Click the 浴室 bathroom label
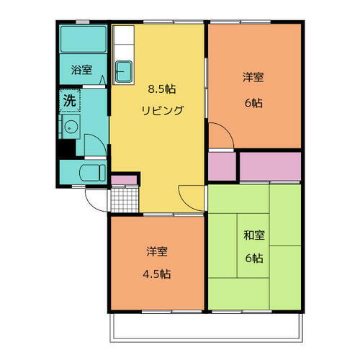(x=81, y=70)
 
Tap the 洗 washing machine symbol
(x=69, y=101)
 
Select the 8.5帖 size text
(x=162, y=89)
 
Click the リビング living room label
(x=162, y=110)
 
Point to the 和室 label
(x=251, y=235)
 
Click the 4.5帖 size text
(x=157, y=274)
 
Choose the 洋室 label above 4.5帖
(x=157, y=251)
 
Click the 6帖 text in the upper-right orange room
(x=252, y=102)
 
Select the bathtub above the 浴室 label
(x=83, y=40)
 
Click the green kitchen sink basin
(x=124, y=71)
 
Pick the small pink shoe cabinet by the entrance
(x=123, y=177)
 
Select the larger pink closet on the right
(x=269, y=166)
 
